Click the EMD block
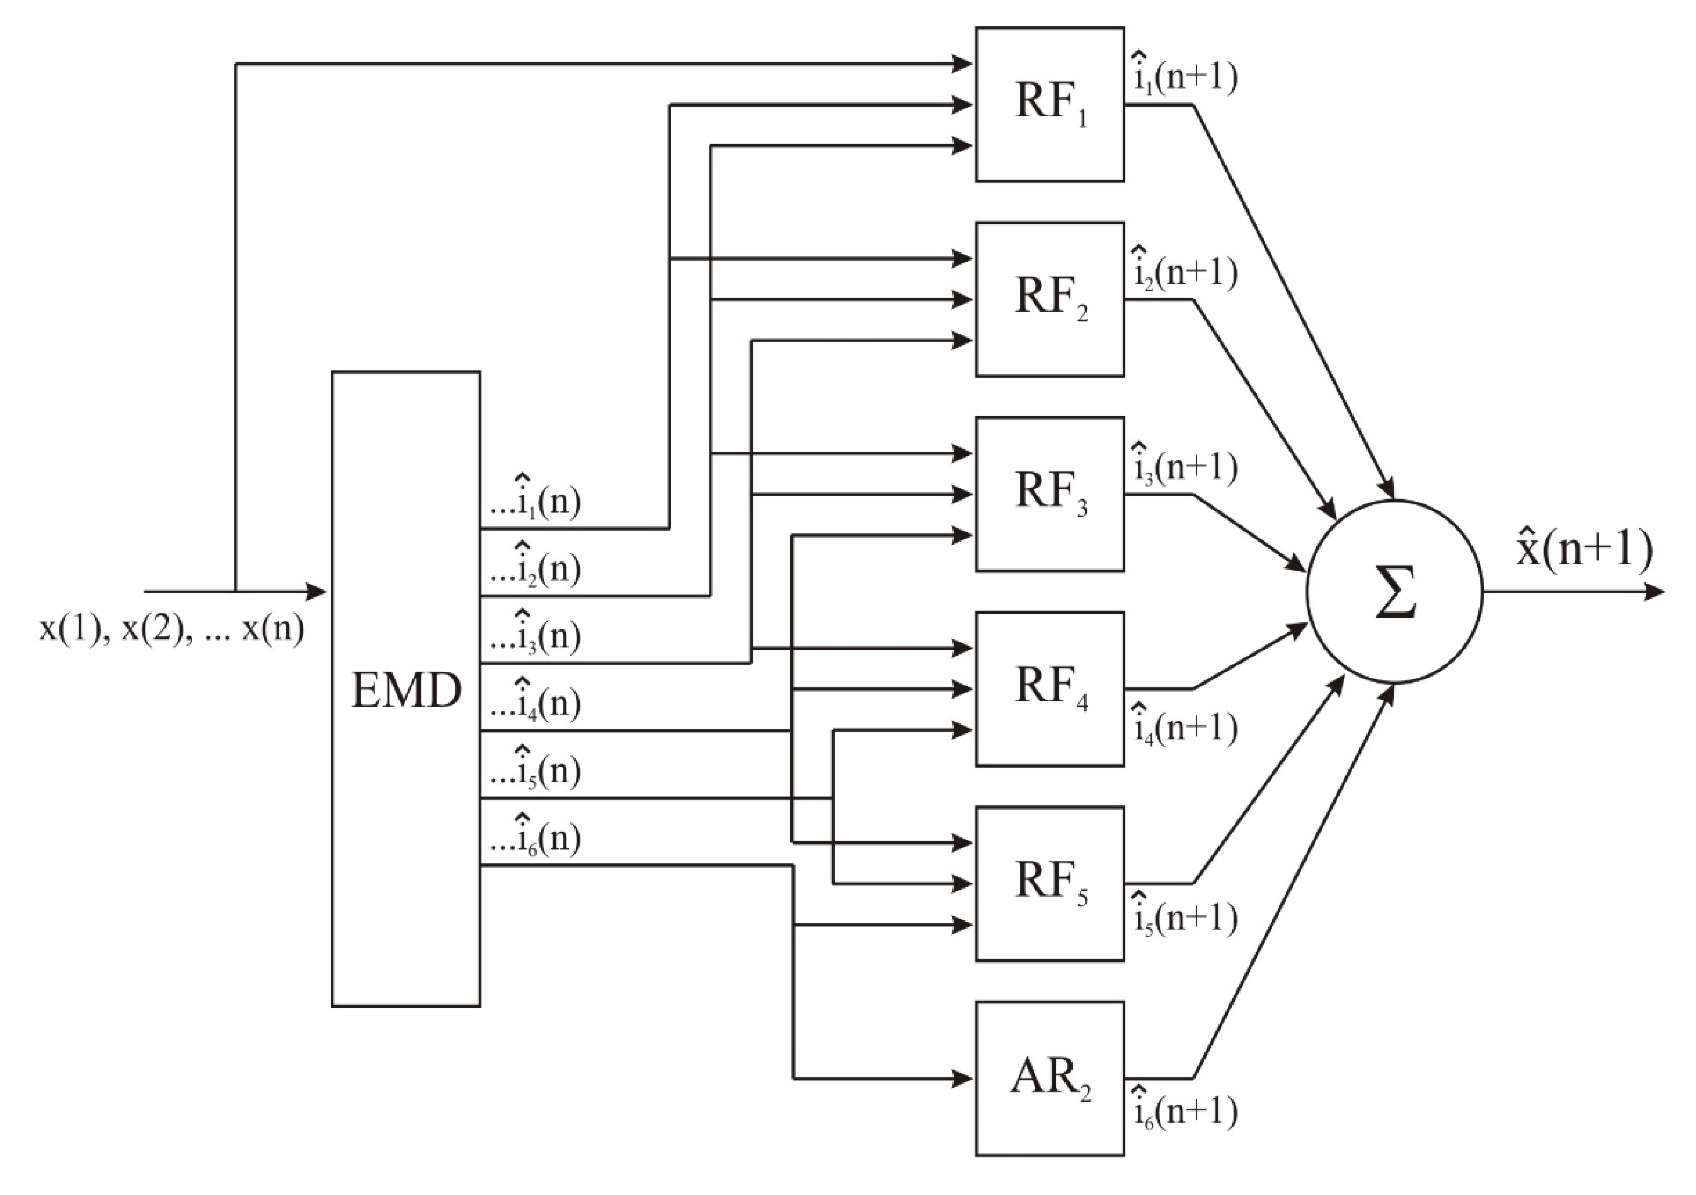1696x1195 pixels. (405, 688)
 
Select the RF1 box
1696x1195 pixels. (1050, 104)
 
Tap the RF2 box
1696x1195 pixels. (1050, 299)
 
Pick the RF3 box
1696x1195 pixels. (1050, 494)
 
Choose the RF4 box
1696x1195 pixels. (1050, 688)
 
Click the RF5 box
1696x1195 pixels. (1050, 883)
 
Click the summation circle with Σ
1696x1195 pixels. (1394, 592)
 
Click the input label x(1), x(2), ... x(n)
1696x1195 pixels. (171, 629)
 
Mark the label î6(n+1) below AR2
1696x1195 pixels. (1185, 1111)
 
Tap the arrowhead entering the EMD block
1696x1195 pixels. (318, 592)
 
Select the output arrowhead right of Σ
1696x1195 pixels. (1656, 592)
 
